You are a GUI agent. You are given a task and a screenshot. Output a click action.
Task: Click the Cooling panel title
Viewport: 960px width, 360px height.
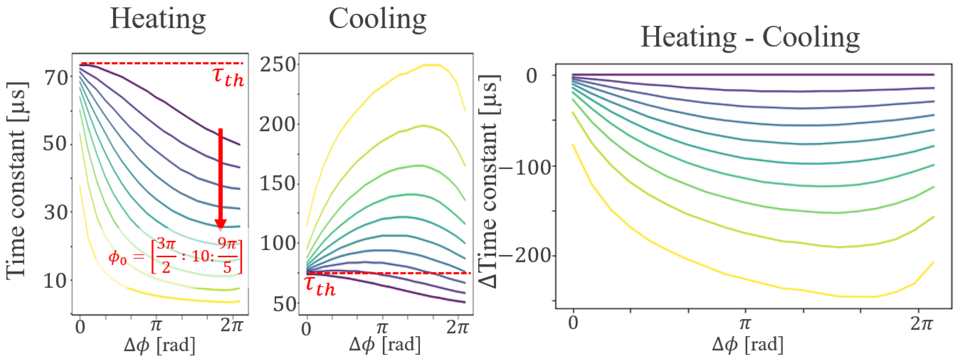377,19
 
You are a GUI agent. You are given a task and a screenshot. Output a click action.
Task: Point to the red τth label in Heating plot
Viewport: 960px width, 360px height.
228,77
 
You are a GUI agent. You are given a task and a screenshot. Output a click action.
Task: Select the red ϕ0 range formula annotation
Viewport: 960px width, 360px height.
175,256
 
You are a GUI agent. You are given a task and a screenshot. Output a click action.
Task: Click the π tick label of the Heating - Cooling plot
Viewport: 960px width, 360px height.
744,323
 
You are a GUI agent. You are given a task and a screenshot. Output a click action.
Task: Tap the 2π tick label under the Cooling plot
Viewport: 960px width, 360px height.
457,328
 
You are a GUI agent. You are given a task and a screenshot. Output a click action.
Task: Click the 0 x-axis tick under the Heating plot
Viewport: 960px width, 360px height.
80,327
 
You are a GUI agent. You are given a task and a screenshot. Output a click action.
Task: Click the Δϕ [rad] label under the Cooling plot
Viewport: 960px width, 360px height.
385,344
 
